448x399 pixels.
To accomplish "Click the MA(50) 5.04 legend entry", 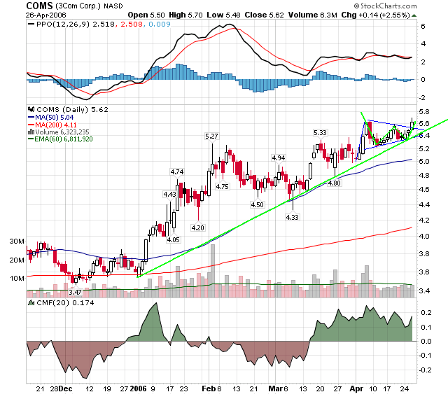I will pos(57,117).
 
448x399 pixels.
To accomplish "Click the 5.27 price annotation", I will pos(210,136).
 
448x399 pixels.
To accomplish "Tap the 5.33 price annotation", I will pos(320,132).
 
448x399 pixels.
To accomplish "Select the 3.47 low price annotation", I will pos(76,290).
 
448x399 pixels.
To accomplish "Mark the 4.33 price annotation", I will pos(292,218).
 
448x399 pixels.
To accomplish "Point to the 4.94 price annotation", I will pos(279,158).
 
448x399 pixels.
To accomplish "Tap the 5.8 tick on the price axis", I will pos(424,112).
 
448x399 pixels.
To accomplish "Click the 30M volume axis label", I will pos(15,241).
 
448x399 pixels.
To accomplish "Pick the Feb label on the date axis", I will pos(207,388).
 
